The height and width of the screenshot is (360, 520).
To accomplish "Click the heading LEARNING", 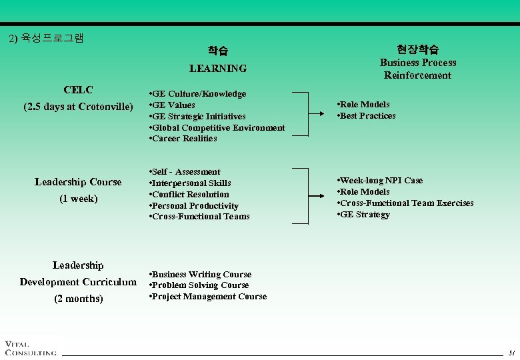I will click(x=217, y=68).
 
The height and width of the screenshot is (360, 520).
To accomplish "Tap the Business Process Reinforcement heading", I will click(x=418, y=69).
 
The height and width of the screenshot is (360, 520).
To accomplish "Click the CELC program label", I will click(x=78, y=90).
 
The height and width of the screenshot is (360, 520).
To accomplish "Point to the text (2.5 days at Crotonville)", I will click(x=78, y=107).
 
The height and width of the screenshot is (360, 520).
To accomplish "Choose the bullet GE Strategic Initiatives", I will click(x=198, y=116).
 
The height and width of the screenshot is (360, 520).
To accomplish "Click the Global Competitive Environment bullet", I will click(x=217, y=127).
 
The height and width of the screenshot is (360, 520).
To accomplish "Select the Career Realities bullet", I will click(x=184, y=139).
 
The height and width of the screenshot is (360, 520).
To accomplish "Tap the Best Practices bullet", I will click(x=367, y=115).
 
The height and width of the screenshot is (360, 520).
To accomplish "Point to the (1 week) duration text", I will click(x=78, y=199).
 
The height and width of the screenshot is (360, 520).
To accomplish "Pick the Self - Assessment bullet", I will click(x=185, y=172).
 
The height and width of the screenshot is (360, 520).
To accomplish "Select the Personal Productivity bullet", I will click(x=194, y=205).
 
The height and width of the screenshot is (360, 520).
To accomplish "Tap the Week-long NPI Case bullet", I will click(x=380, y=181).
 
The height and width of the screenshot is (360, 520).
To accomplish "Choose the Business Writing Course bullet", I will click(x=200, y=274).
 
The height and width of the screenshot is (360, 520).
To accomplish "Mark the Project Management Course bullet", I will click(x=207, y=297).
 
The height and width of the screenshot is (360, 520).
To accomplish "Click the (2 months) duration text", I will click(x=78, y=299).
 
